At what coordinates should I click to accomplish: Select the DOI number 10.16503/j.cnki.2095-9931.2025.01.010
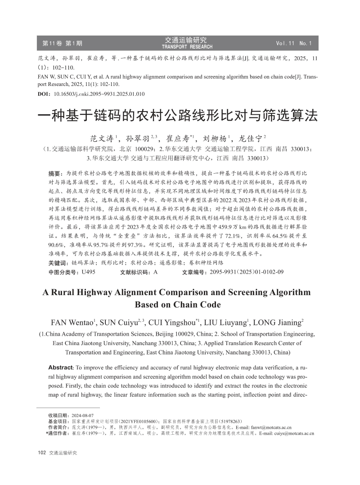[x=99, y=94]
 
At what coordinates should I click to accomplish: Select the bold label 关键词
[x=58, y=263]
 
